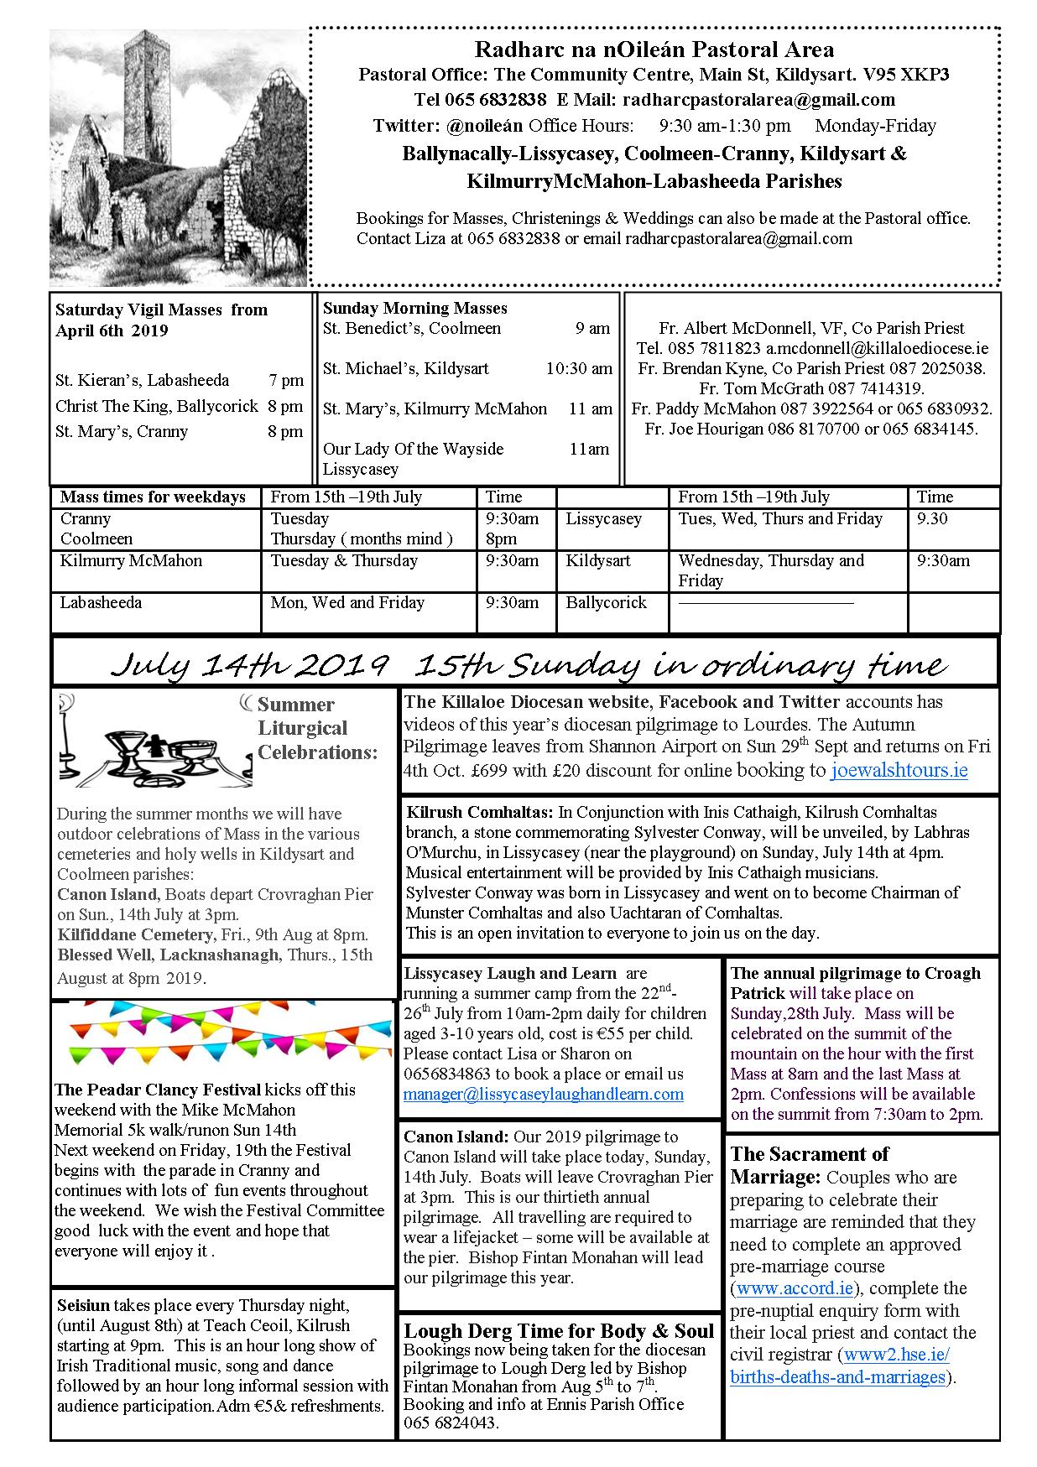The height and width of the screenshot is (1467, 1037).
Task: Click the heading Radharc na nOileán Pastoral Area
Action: [x=654, y=50]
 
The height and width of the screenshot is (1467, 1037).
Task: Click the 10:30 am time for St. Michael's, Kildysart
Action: [x=579, y=368]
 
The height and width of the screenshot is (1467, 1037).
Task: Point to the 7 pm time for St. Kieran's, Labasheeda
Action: [x=285, y=380]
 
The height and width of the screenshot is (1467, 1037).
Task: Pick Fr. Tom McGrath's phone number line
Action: [x=811, y=388]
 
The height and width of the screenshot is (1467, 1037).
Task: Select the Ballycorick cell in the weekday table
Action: [x=606, y=602]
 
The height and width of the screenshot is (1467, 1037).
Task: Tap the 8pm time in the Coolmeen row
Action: [x=501, y=538]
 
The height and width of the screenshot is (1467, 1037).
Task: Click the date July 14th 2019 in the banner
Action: [x=249, y=664]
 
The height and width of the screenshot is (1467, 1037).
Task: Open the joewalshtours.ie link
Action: [x=899, y=770]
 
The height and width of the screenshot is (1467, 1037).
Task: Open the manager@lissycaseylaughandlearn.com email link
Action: [x=543, y=1094]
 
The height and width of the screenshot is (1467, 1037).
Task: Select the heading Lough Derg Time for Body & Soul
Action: [x=559, y=1331]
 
